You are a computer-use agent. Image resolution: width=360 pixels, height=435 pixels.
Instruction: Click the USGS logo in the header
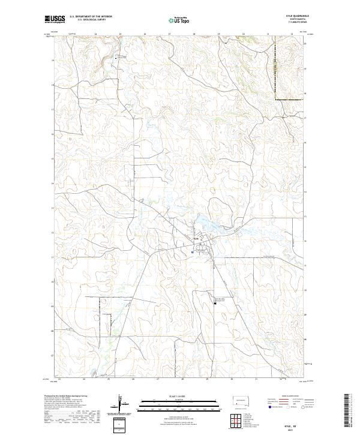tap(55, 19)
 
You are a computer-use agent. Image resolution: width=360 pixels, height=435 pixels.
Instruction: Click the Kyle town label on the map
tap(195, 239)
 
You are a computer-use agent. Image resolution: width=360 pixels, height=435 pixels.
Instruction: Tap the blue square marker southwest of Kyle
tap(191, 253)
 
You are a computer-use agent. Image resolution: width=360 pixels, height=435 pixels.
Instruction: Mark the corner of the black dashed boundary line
tap(275, 98)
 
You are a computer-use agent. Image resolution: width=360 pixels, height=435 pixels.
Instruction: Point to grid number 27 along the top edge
tap(169, 34)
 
